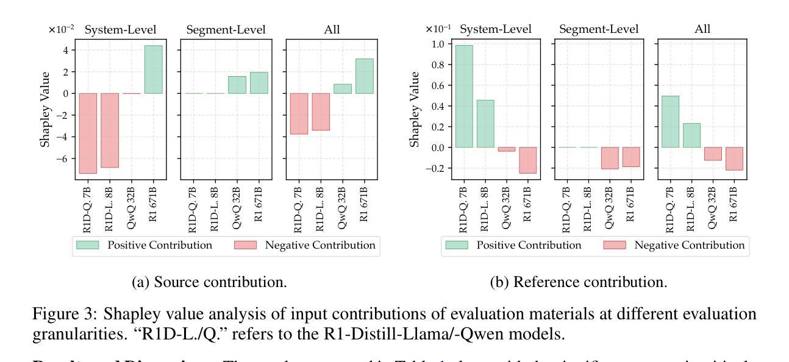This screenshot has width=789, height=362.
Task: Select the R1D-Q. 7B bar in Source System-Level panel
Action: click(88, 133)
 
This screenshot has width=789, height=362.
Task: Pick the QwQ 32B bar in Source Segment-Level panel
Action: click(237, 85)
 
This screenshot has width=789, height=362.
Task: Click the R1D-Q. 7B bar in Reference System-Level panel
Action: click(464, 96)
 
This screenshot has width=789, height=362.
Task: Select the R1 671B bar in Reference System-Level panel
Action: click(528, 160)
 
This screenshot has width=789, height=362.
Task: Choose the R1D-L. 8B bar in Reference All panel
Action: click(691, 135)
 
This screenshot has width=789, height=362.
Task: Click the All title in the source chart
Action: click(332, 29)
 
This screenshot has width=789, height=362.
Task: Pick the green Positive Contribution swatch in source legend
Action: click(89, 246)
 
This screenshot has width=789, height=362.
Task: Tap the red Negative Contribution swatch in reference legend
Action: click(615, 246)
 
